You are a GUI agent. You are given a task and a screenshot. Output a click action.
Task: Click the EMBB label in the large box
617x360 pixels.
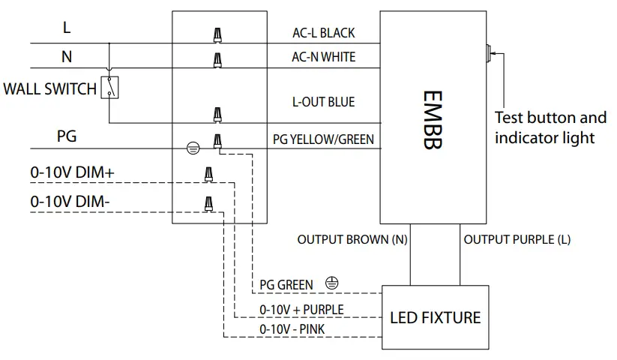433,121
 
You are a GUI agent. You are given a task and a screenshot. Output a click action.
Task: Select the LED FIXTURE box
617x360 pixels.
435,317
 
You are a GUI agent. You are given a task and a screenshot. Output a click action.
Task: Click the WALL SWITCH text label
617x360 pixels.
49,89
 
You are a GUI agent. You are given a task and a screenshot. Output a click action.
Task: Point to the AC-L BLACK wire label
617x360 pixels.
323,33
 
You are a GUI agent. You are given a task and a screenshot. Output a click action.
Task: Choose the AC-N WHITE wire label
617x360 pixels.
323,57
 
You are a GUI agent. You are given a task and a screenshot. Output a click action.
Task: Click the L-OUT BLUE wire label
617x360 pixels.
323,101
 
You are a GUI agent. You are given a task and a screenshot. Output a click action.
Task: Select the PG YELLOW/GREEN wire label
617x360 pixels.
323,139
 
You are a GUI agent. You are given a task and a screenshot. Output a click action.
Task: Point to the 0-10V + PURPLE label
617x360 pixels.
301,309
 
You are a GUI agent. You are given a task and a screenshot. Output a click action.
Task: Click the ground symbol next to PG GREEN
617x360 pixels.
332,283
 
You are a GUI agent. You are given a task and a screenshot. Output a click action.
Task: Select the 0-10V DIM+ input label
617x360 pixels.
72,172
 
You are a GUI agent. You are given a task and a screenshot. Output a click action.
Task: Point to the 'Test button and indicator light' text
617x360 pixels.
550,127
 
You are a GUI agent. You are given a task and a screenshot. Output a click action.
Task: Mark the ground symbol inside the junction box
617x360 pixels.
193,148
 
